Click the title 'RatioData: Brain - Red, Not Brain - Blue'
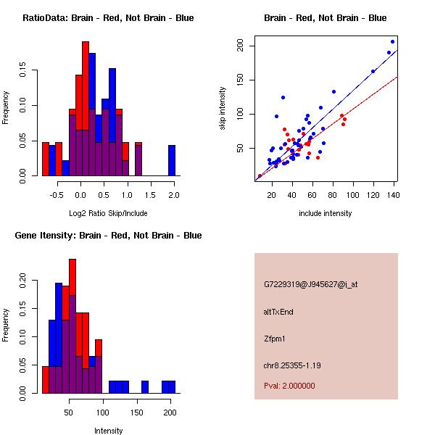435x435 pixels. [x=108, y=18]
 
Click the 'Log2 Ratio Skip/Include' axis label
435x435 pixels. [x=108, y=213]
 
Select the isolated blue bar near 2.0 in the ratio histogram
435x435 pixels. [x=172, y=160]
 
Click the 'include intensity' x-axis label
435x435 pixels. [x=326, y=213]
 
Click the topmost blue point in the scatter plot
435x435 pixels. [x=393, y=41]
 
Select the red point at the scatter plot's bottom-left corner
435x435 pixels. [x=260, y=176]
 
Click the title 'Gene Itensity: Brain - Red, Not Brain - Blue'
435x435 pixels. [x=108, y=236]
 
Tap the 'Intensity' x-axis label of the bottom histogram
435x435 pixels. [x=108, y=431]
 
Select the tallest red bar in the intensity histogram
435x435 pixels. [x=72, y=326]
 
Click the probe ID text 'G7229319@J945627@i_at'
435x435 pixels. [x=311, y=284]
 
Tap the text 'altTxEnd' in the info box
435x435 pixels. [x=278, y=312]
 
